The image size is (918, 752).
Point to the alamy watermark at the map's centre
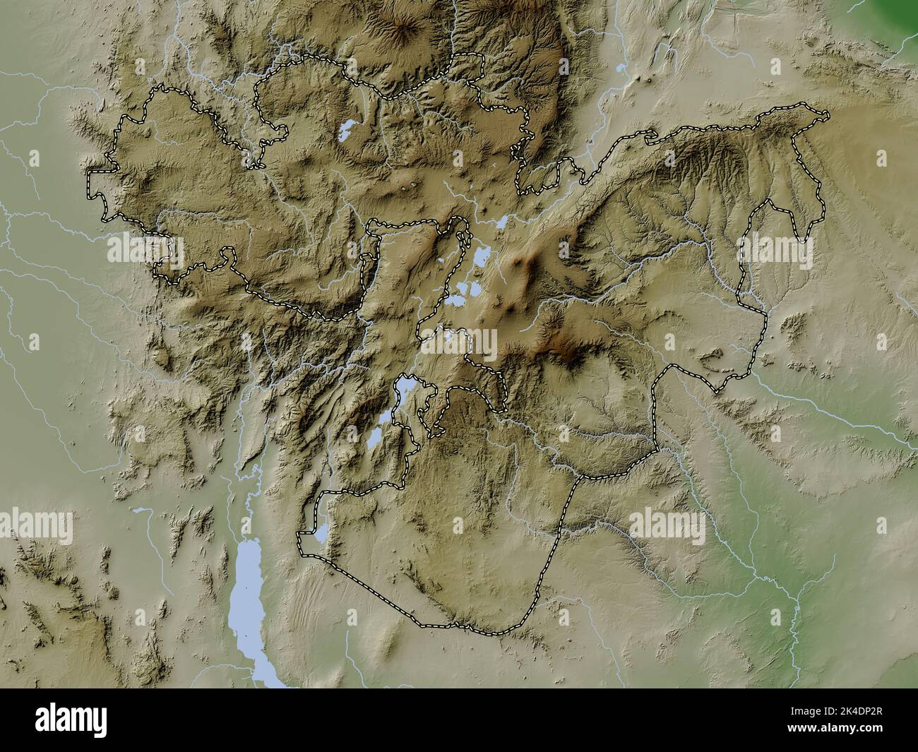pos(459,342)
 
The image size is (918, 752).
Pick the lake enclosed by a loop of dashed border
pos(404,386)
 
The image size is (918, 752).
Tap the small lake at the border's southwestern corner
pos(321,533)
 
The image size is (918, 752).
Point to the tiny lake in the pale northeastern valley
pos(620,68)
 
